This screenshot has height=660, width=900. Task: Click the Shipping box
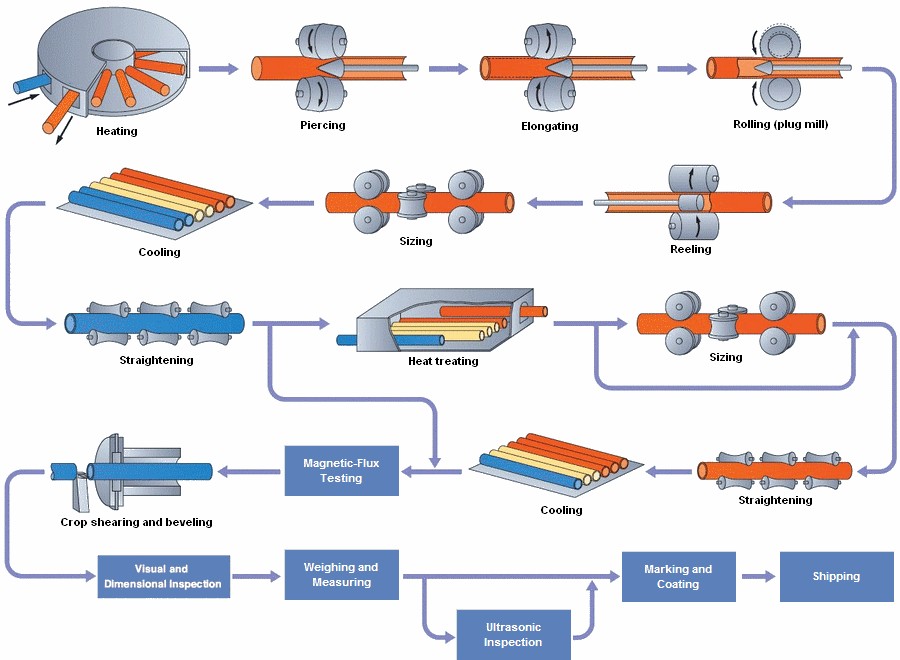click(836, 576)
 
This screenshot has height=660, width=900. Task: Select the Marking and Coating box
click(678, 577)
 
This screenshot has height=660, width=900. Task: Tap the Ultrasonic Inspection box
click(513, 635)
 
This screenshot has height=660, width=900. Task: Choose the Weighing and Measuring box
click(341, 575)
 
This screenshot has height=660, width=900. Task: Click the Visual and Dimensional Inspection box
click(164, 577)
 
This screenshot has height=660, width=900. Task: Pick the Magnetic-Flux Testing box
click(341, 470)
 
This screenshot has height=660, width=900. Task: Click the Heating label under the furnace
click(117, 131)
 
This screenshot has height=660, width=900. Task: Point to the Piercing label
click(322, 125)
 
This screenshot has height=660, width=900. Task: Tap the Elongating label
click(549, 126)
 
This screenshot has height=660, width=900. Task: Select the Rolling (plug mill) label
click(781, 124)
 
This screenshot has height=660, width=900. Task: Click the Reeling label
click(690, 249)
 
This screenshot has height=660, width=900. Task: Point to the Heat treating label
click(443, 361)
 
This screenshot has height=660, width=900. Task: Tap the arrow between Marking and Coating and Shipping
click(757, 576)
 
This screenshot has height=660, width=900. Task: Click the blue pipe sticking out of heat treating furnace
click(352, 340)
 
